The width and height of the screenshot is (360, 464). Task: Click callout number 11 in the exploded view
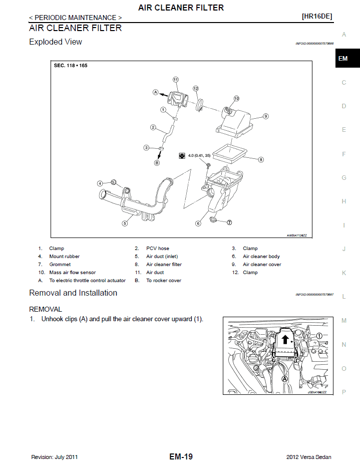click(x=176, y=80)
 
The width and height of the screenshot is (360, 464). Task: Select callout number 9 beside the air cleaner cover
click(x=266, y=116)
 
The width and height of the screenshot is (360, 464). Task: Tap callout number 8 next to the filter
click(x=261, y=160)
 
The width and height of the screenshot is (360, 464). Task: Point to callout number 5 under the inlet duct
click(x=124, y=223)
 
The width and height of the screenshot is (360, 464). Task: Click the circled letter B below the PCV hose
click(x=157, y=163)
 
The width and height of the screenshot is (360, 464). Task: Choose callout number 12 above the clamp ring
click(x=196, y=88)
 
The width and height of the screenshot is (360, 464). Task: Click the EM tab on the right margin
click(x=343, y=59)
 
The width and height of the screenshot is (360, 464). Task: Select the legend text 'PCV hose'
click(x=157, y=249)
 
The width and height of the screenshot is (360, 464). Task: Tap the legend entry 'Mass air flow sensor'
click(x=72, y=273)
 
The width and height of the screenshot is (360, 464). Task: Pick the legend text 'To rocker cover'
click(x=163, y=281)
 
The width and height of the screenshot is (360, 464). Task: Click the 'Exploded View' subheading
click(x=56, y=42)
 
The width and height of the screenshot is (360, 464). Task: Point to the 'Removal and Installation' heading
click(x=73, y=293)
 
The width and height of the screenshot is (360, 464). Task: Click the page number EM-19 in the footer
click(x=181, y=456)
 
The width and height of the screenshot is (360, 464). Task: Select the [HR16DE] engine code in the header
click(x=316, y=17)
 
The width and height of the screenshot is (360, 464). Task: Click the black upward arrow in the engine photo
click(x=285, y=340)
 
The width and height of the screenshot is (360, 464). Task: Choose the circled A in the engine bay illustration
click(x=284, y=379)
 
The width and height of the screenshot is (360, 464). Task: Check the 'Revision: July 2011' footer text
click(x=54, y=457)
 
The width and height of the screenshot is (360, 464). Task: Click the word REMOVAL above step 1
click(x=46, y=309)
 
